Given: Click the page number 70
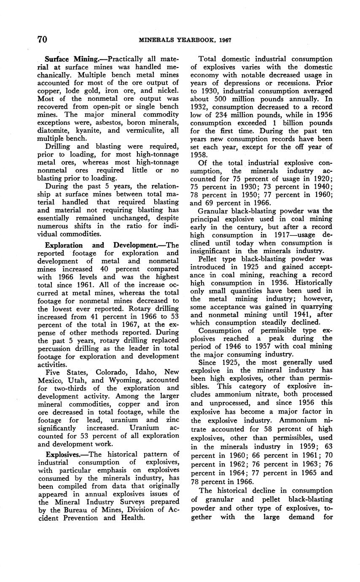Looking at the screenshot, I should click(x=42, y=40).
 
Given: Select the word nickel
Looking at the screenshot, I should click(x=169, y=91).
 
